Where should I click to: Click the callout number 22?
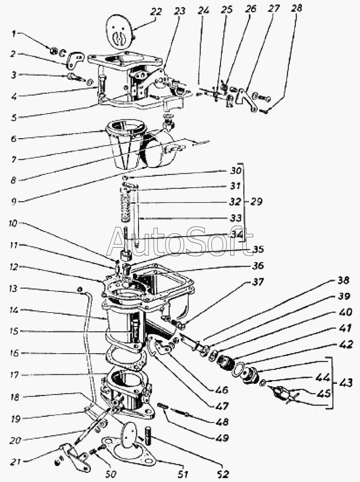tap(156, 12)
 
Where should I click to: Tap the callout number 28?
tap(296, 8)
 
